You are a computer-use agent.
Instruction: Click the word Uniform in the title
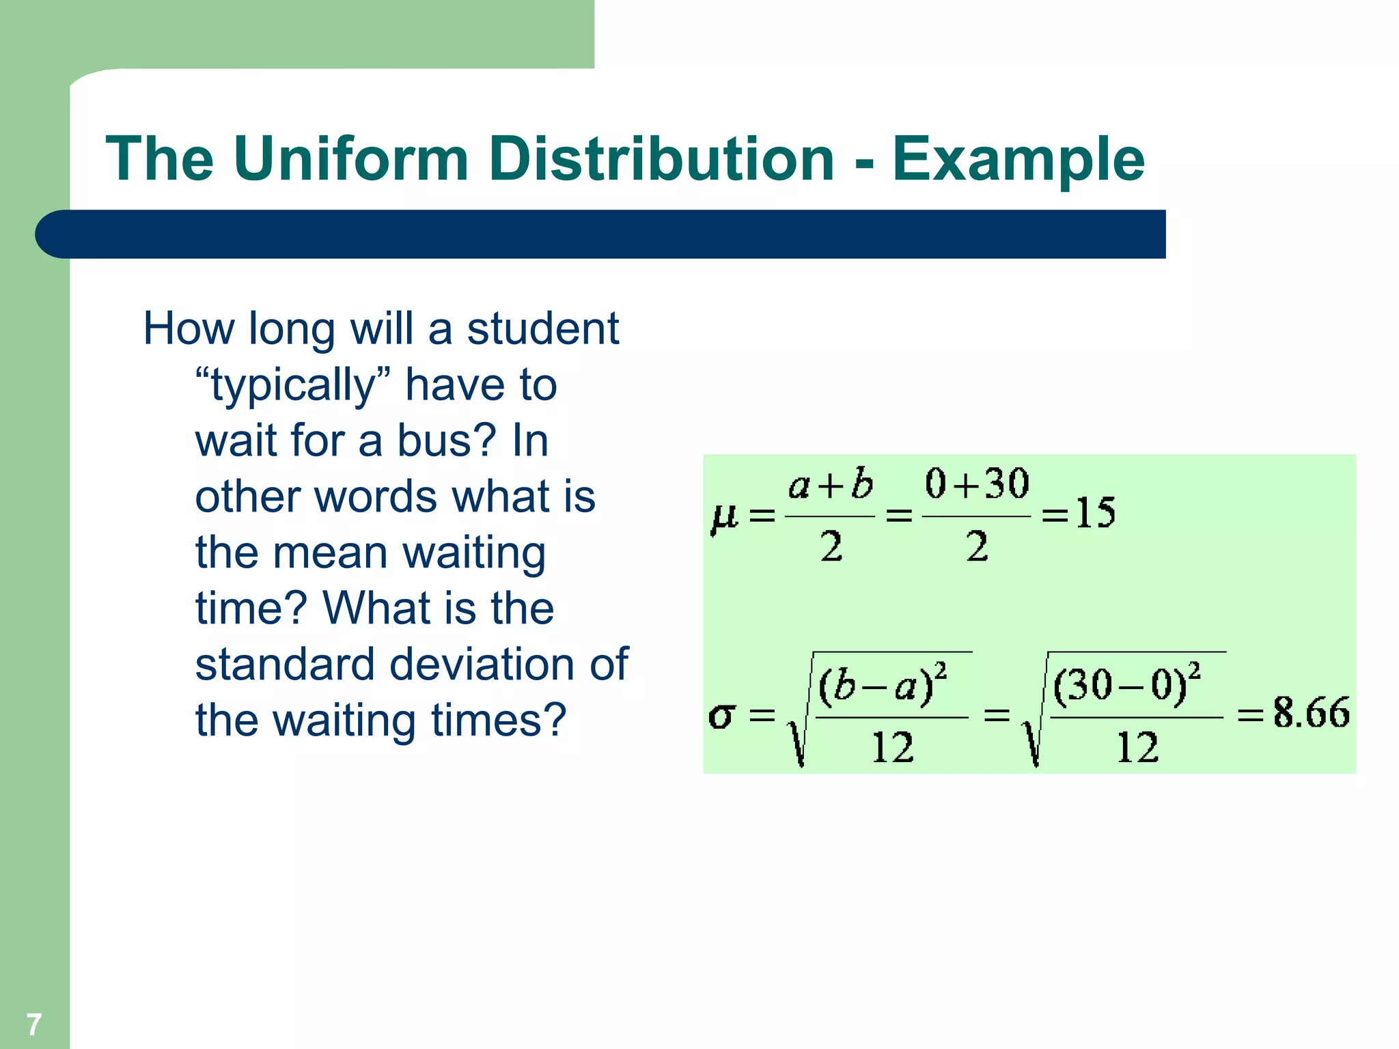[350, 158]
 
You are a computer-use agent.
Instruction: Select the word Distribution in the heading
[661, 158]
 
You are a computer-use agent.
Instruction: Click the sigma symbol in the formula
[721, 716]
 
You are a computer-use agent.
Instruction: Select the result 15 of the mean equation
[1095, 513]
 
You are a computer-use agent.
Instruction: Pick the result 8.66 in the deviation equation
[1310, 713]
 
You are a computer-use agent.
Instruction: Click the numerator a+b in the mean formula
[830, 485]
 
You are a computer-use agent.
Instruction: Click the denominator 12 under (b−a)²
[892, 748]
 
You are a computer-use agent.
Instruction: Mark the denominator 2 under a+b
[831, 547]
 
